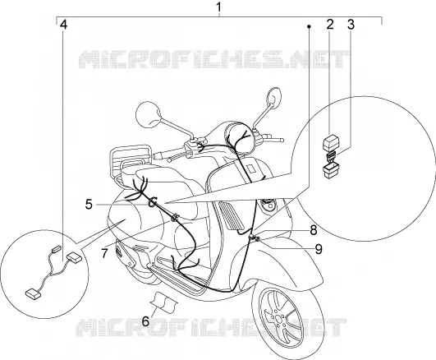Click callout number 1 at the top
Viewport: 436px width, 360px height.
point(219,7)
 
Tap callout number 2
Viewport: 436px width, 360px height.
point(330,25)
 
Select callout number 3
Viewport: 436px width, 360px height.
point(351,25)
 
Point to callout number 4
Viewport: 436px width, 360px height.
point(64,25)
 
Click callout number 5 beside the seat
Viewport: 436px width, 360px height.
point(89,205)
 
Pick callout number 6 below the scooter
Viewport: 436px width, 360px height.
point(145,321)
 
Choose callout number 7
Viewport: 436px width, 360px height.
point(104,253)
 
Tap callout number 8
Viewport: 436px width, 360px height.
point(314,230)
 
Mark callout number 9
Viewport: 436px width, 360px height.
point(319,249)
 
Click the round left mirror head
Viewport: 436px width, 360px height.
point(149,113)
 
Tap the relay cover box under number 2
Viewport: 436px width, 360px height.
point(330,142)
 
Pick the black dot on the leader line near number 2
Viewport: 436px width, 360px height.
point(309,26)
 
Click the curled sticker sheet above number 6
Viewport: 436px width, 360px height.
point(164,301)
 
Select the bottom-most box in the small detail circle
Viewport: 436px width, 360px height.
point(34,293)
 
